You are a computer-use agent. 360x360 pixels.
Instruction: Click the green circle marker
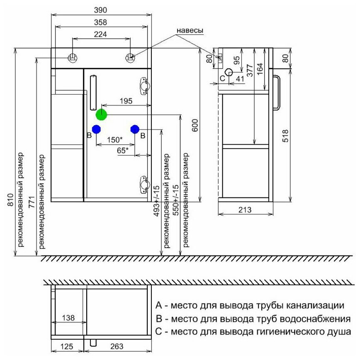[101, 114]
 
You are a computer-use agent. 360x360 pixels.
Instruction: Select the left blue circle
[96, 129]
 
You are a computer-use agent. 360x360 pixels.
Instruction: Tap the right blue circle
[134, 129]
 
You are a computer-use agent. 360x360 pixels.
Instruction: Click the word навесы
[190, 31]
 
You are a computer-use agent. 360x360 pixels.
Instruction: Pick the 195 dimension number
[126, 101]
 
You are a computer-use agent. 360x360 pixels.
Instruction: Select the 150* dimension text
[115, 140]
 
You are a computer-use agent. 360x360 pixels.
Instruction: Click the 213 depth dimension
[246, 209]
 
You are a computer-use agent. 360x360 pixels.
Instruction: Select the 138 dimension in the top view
[68, 318]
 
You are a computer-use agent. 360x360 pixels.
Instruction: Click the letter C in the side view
[222, 78]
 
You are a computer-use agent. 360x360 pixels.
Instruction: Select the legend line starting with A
[250, 306]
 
